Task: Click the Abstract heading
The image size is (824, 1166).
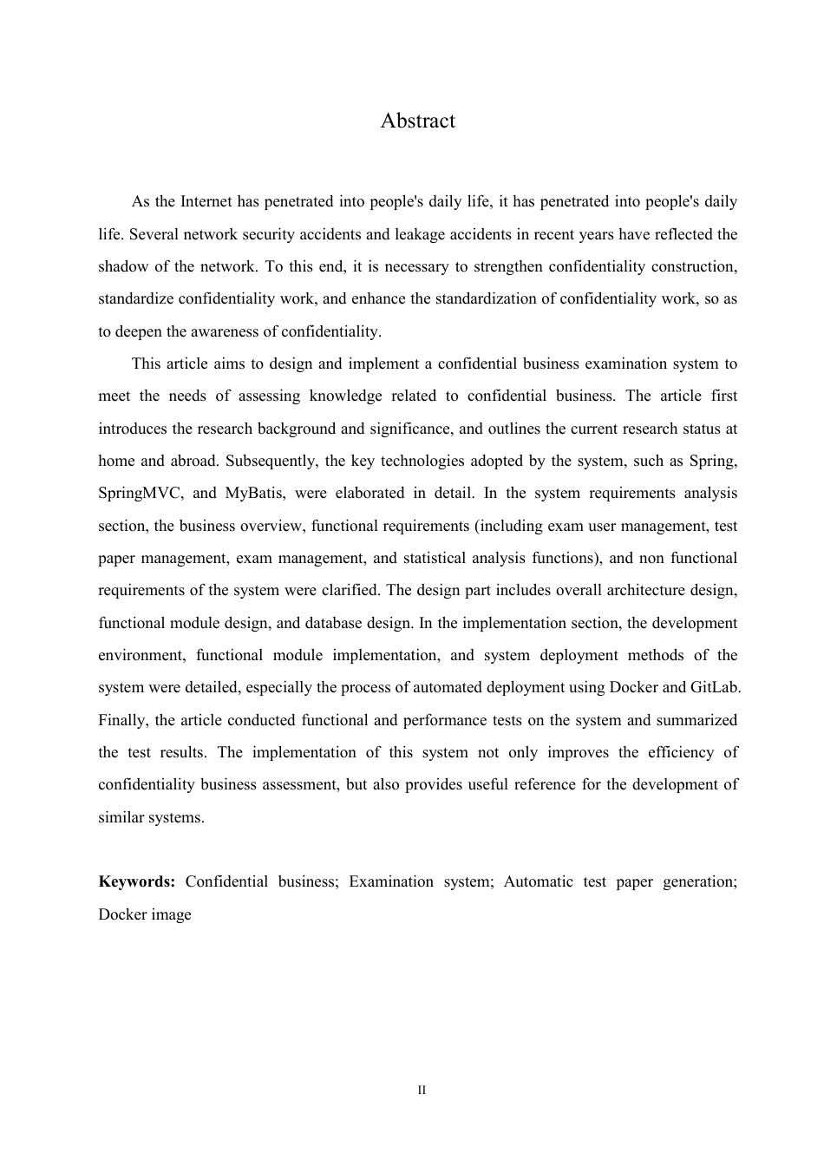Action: [417, 121]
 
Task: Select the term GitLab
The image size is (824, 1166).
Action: [715, 688]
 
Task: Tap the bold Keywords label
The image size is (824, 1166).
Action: [136, 882]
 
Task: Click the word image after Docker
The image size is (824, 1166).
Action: [172, 914]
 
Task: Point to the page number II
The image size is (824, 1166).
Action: [422, 1090]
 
